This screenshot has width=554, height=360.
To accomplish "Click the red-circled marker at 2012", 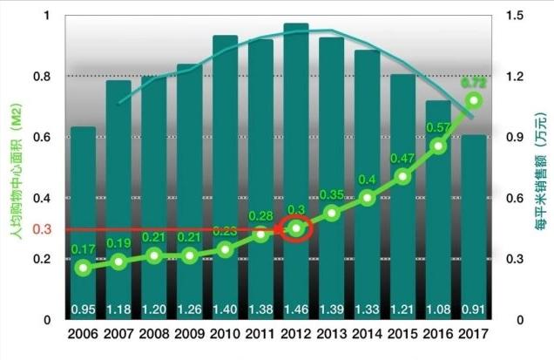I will click(296, 228).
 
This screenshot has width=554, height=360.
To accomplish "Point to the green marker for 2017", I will click(474, 100).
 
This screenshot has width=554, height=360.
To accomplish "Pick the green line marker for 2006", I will click(83, 268).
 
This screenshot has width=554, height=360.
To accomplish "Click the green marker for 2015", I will click(402, 176).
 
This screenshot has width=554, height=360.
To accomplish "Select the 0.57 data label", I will click(437, 127).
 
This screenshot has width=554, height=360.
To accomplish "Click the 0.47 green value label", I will click(402, 158).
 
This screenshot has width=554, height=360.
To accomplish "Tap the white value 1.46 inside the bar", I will click(296, 309).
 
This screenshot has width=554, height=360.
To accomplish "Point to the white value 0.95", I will click(83, 309).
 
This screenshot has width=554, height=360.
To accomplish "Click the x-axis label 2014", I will click(367, 333).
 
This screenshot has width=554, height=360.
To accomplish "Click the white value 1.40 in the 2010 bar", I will click(225, 309).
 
